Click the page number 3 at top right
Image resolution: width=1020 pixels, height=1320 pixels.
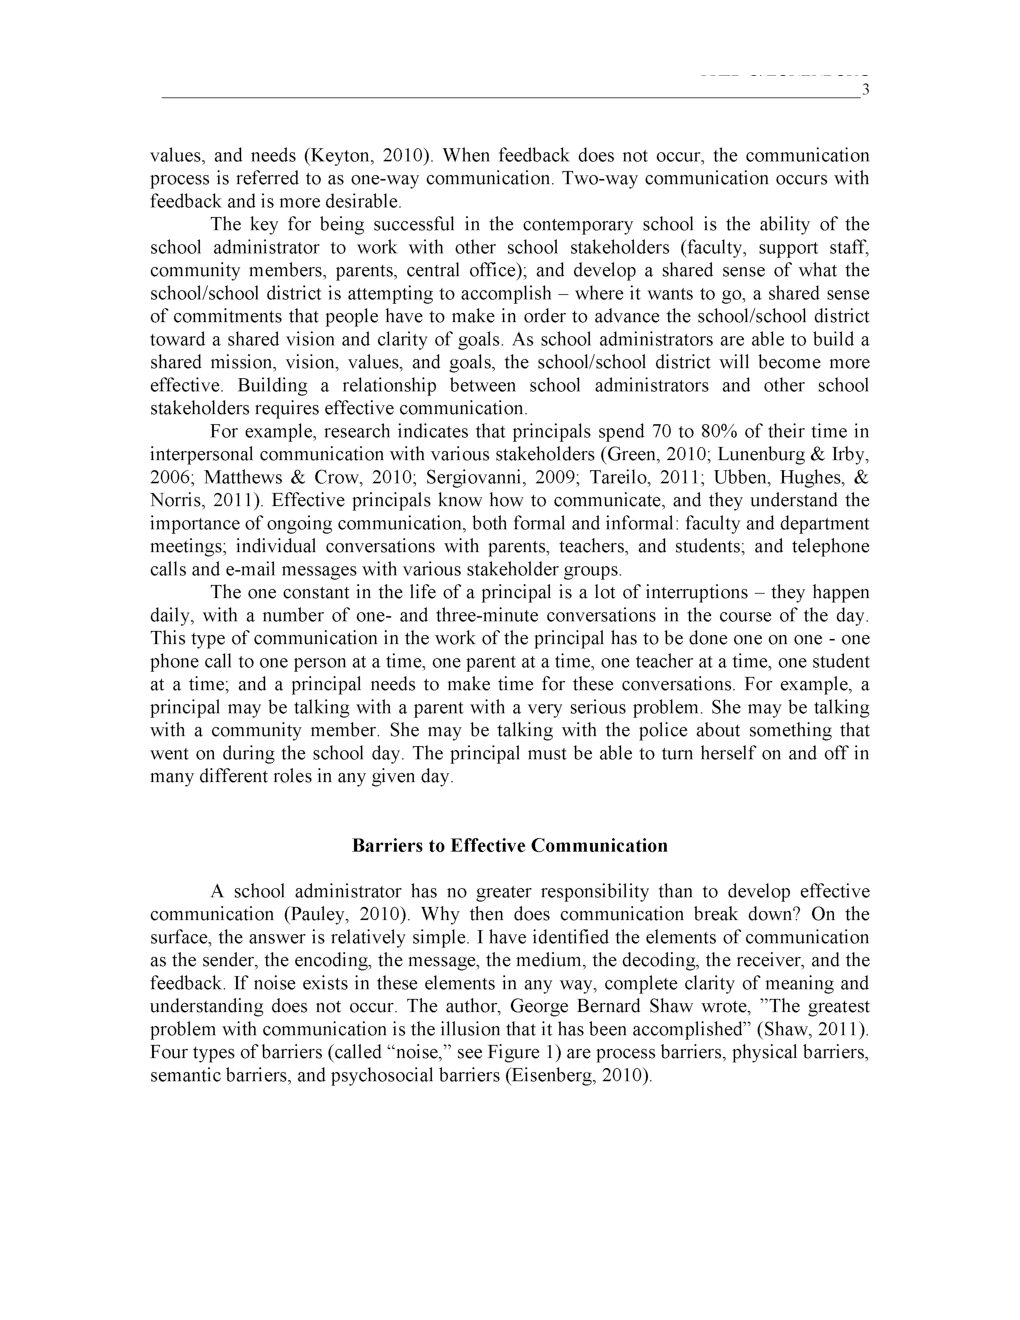coord(865,91)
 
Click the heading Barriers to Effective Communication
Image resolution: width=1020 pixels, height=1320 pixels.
coord(509,846)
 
